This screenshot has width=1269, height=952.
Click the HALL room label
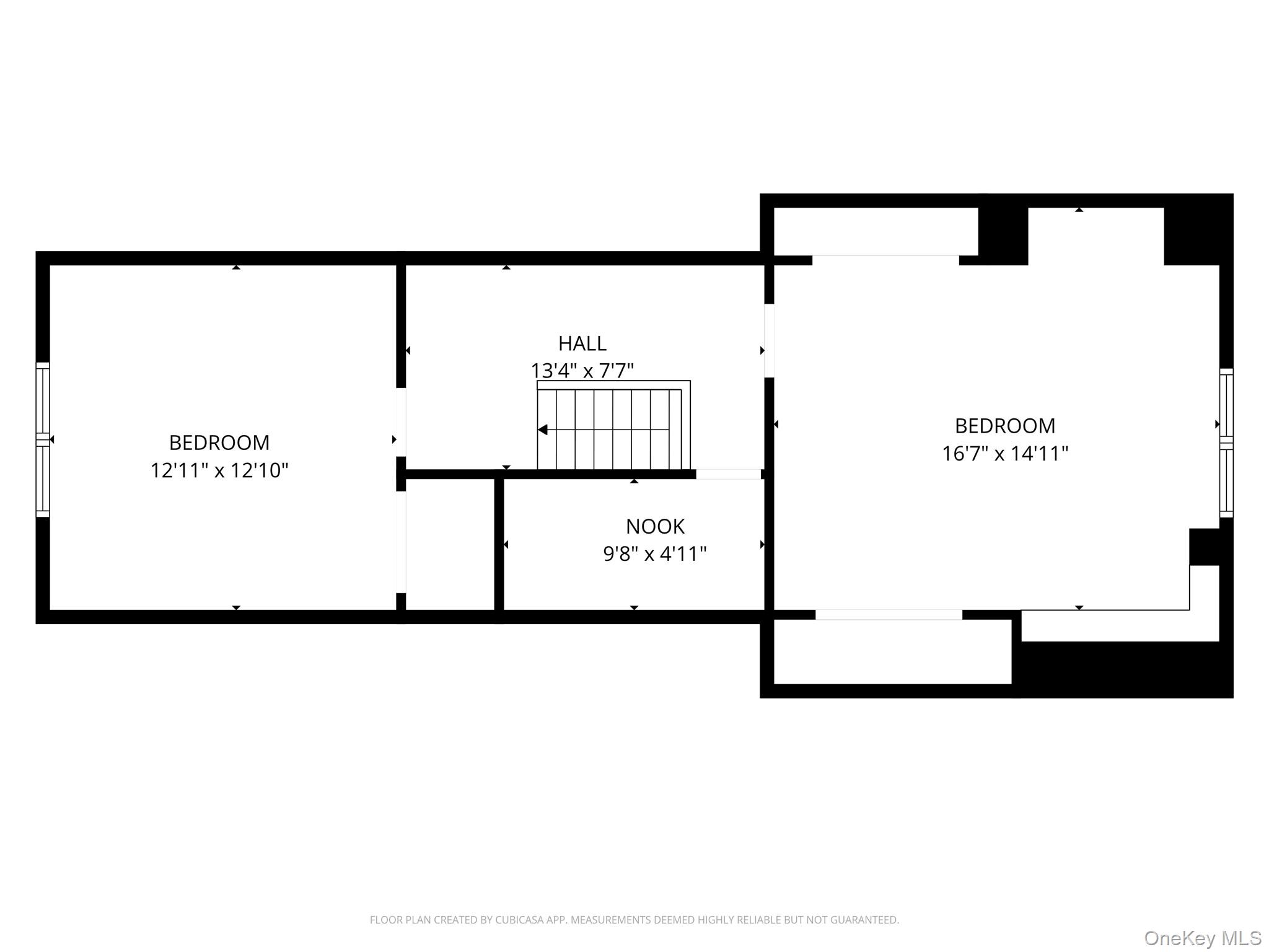point(582,343)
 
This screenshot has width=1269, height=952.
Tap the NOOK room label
point(655,526)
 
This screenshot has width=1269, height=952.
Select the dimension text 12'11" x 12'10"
point(219,470)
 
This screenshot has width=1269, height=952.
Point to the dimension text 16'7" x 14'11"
point(1005,454)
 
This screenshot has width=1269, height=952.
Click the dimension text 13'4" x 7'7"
point(582,371)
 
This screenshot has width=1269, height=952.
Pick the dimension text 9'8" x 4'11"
point(655,553)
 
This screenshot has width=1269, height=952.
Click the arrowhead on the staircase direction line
point(542,430)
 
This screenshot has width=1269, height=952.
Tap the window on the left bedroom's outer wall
point(43,439)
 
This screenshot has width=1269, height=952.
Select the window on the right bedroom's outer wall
point(1226,443)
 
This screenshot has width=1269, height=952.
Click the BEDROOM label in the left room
point(219,443)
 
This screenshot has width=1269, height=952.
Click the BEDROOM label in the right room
point(1005,426)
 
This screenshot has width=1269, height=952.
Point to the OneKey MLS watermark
point(1203,938)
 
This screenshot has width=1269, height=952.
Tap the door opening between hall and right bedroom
point(769,340)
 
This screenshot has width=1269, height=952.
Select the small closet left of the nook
point(450,544)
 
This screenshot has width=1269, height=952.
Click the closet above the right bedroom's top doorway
point(876,231)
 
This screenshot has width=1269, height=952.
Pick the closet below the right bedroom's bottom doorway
point(892,651)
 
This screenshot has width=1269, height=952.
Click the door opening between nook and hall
point(729,474)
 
